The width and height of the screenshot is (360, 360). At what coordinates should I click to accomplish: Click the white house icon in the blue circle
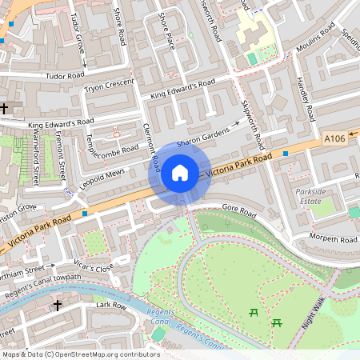pos(179,172)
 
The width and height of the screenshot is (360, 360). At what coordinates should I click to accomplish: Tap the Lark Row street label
pos(89,305)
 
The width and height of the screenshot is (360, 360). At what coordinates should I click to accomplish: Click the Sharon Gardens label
pos(198,140)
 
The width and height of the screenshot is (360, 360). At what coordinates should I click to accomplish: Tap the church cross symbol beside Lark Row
pos(57,305)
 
